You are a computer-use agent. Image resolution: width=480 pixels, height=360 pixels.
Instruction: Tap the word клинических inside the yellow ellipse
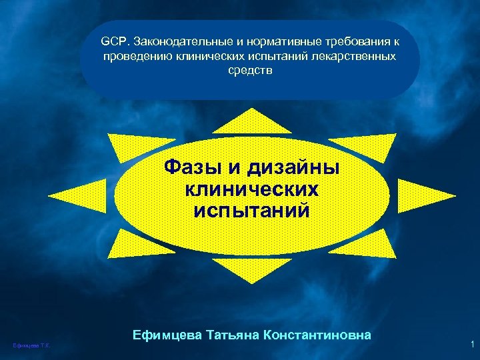[251, 189]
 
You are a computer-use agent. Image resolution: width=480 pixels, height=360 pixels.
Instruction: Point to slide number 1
[471, 344]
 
